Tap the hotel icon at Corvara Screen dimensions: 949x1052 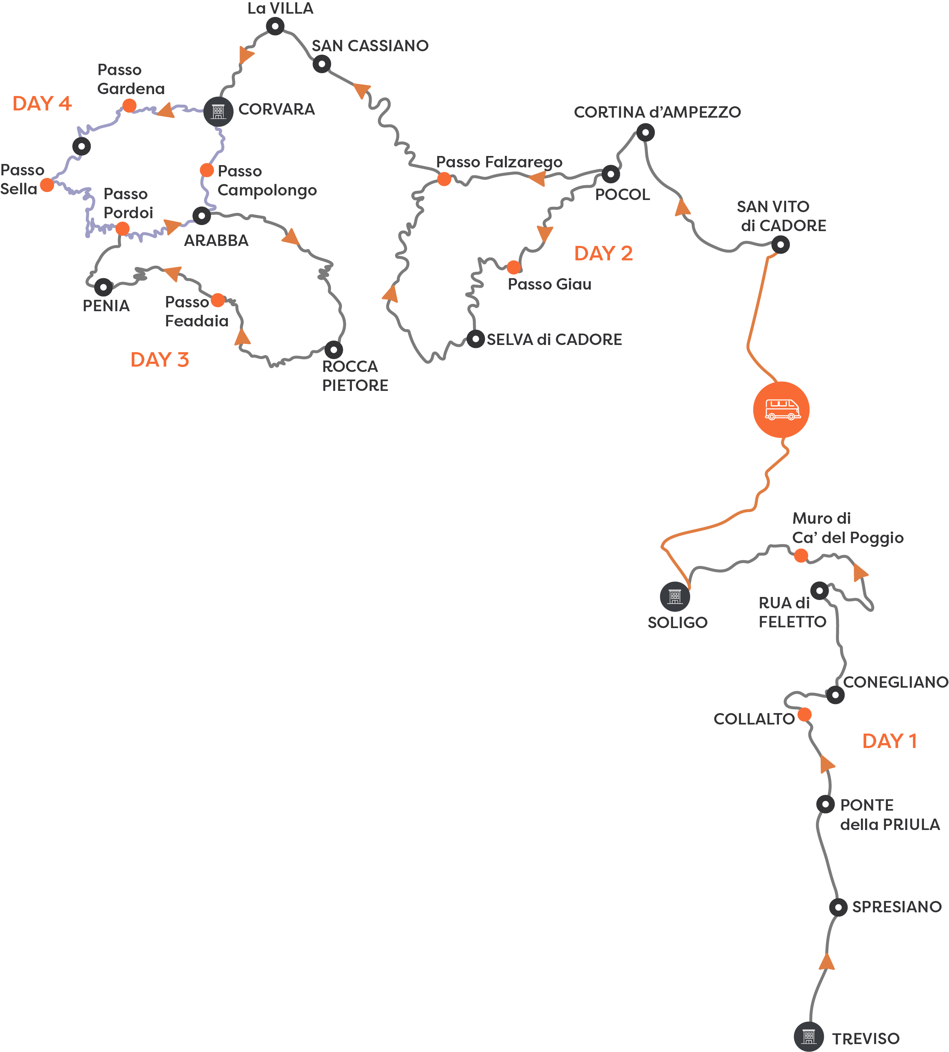point(218,111)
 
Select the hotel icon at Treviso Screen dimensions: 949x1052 point(808,1036)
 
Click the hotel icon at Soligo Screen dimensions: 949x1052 point(675,596)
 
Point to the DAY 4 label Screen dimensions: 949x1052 point(42,103)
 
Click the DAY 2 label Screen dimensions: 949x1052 point(603,254)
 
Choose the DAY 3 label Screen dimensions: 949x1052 point(159,360)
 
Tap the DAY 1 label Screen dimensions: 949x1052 point(889,741)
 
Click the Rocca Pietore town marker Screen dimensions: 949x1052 point(334,349)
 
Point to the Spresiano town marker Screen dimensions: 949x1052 point(838,907)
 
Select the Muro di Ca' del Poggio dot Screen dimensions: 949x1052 point(801,556)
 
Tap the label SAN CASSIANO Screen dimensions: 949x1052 point(370,46)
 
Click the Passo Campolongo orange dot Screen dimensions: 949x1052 point(207,170)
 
